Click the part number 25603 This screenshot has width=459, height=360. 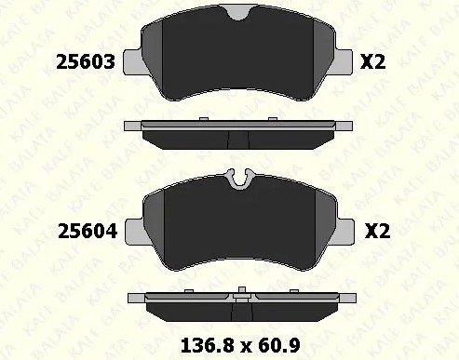tap(86, 62)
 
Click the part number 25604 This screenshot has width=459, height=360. tap(88, 232)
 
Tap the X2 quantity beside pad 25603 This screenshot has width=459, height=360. tap(372, 62)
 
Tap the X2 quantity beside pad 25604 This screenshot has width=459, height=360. tap(377, 231)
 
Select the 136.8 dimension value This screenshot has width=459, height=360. tap(207, 345)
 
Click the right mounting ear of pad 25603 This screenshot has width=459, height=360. tap(344, 61)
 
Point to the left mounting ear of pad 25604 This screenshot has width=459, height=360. tap(135, 232)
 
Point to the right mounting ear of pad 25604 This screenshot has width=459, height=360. tap(345, 232)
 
